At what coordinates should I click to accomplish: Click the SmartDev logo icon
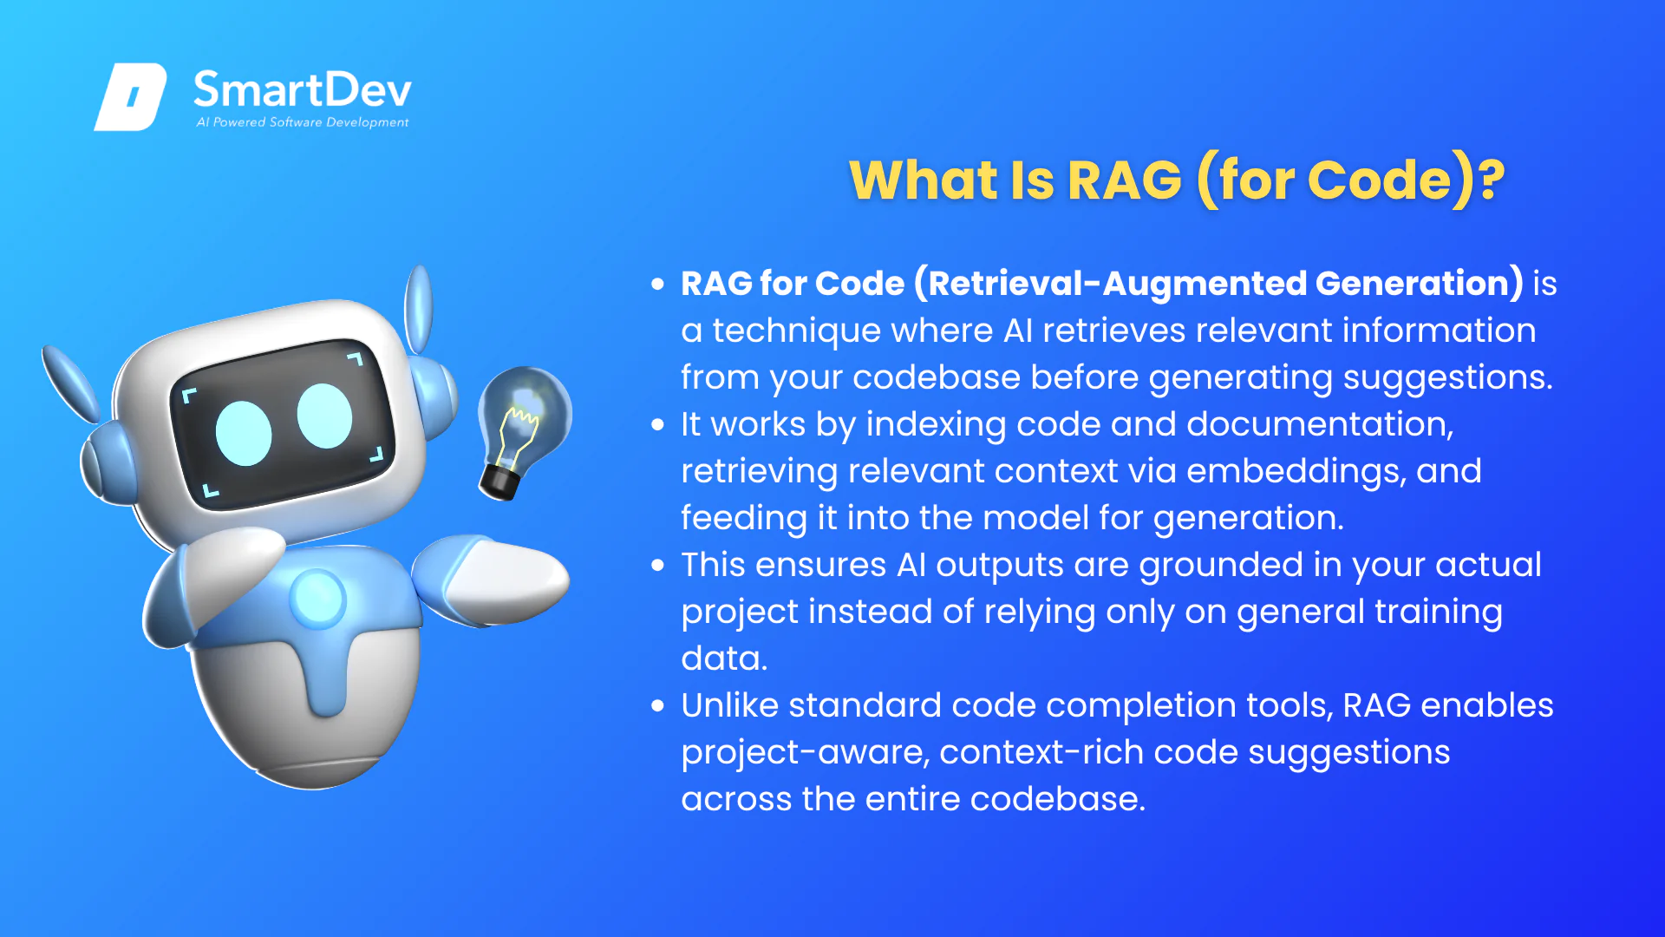tap(130, 97)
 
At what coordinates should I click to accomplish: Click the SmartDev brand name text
tap(303, 90)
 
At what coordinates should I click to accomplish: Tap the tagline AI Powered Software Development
tap(303, 122)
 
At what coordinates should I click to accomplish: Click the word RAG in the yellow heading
tap(1125, 180)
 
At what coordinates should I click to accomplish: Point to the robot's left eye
tap(244, 433)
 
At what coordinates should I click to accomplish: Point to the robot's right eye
tap(324, 416)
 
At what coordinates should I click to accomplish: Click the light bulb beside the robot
tap(523, 431)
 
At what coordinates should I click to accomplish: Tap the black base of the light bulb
tap(500, 482)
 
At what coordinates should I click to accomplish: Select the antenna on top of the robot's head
tap(420, 308)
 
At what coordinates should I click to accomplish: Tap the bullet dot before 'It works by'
tap(658, 425)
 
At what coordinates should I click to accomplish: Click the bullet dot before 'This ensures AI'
tap(658, 566)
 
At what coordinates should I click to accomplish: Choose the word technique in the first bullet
tap(797, 331)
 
